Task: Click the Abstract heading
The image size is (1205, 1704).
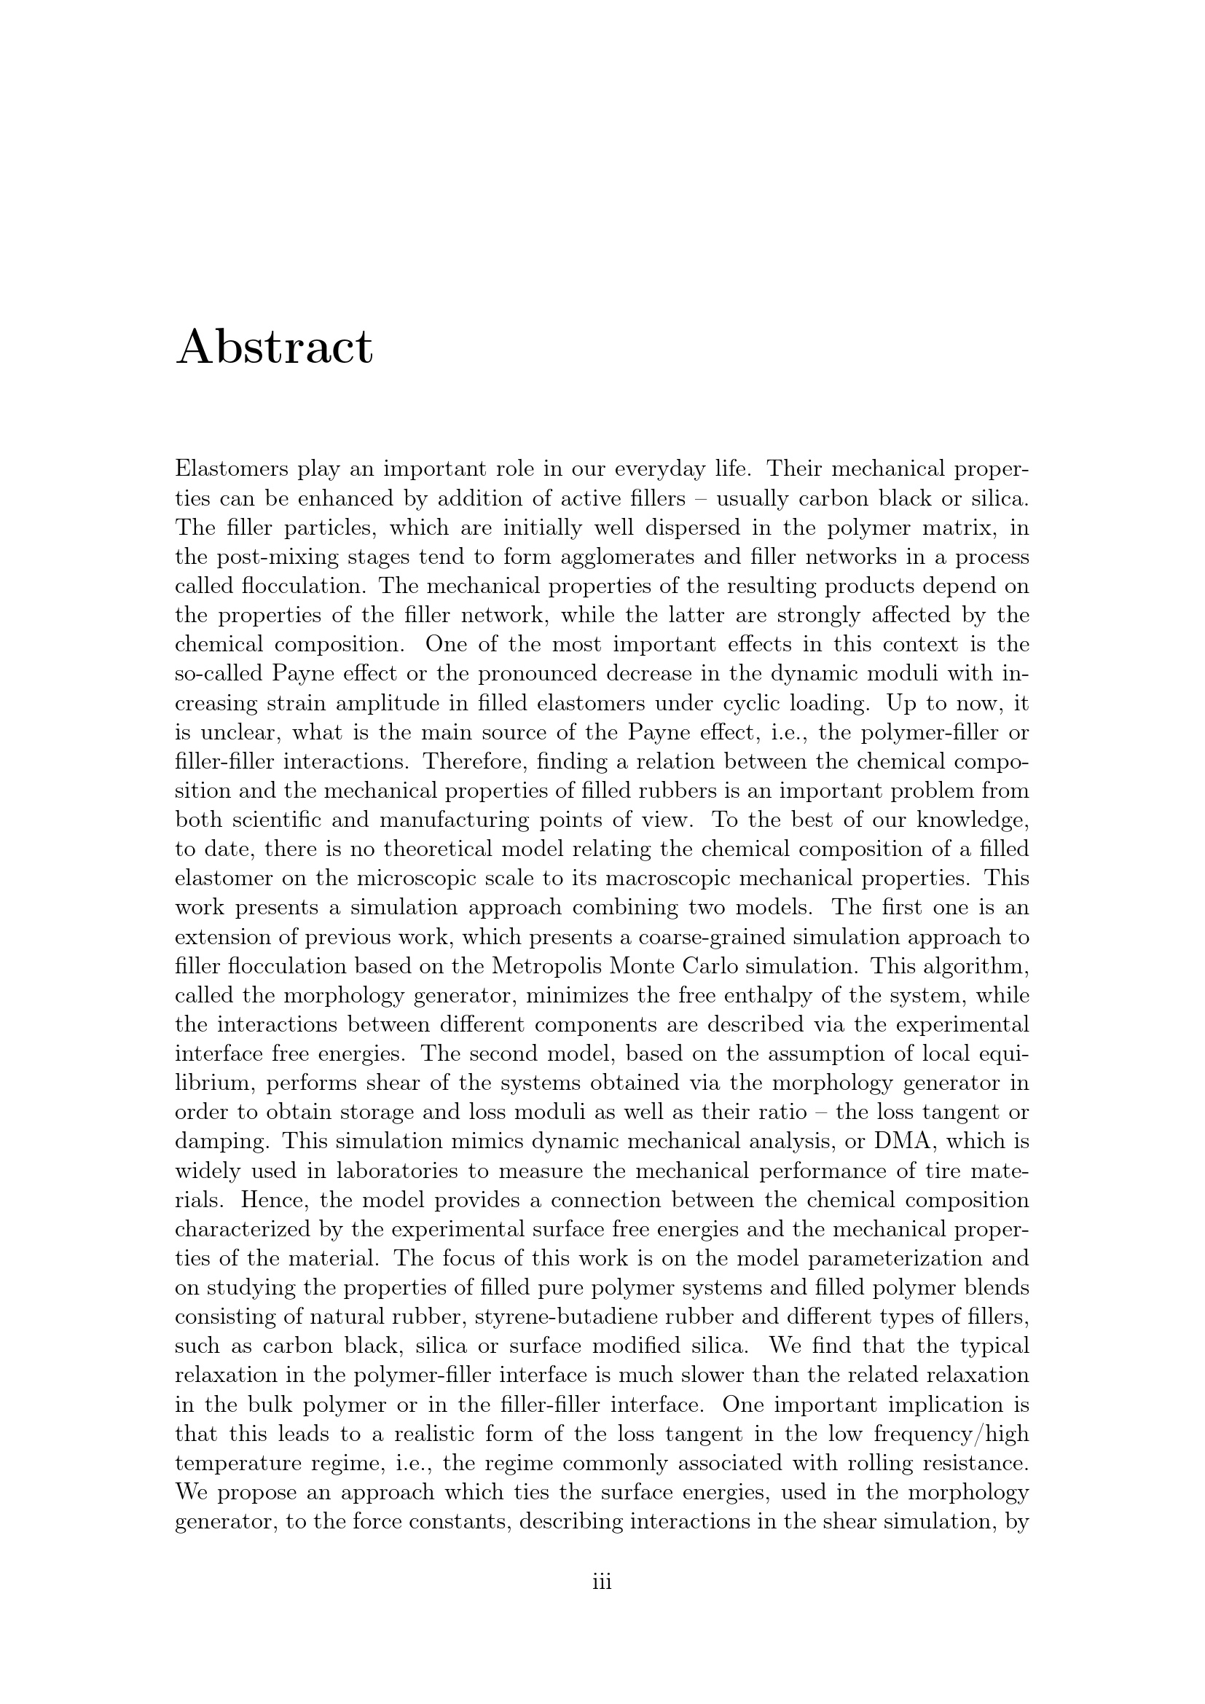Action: point(274,348)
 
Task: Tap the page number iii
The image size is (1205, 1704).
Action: point(602,1582)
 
